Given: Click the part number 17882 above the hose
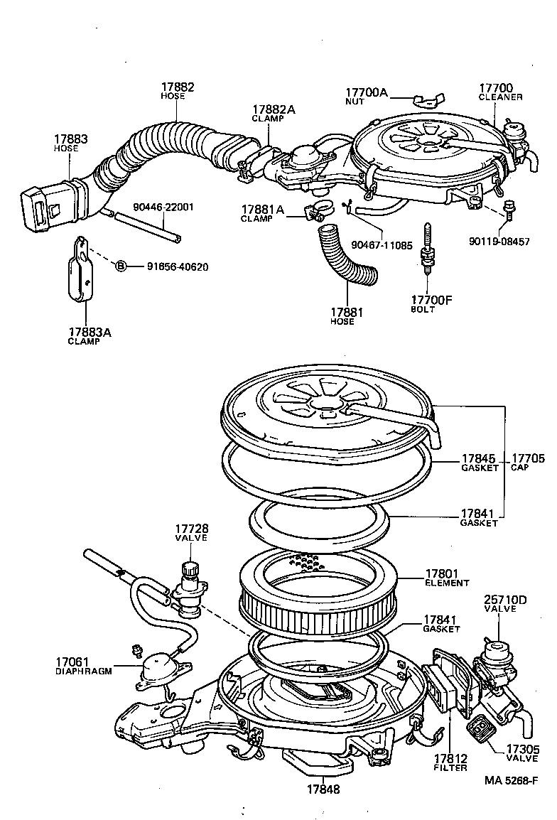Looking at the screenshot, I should (x=177, y=87).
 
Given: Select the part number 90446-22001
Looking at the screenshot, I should (x=163, y=207).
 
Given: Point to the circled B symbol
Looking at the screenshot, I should (x=121, y=266).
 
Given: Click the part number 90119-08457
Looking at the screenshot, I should (x=499, y=242).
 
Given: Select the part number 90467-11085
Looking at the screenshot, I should (x=382, y=244).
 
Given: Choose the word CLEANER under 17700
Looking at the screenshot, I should (x=500, y=97).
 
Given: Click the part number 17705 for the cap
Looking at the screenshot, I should (x=528, y=459).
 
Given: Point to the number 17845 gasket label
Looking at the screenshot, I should (x=478, y=459).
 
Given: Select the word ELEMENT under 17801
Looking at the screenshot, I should (x=448, y=583).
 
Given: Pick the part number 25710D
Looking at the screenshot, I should (x=505, y=600).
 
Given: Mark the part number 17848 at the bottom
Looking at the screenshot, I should (x=323, y=789).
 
